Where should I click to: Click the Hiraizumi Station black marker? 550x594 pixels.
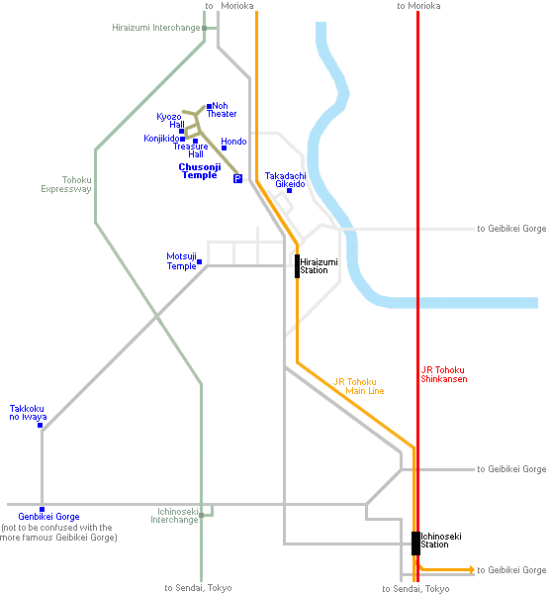(297, 266)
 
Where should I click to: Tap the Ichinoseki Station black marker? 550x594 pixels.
(415, 544)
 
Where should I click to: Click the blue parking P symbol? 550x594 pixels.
(237, 178)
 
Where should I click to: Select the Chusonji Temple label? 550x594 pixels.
(200, 171)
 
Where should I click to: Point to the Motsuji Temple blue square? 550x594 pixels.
(199, 261)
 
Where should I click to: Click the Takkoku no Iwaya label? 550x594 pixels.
(28, 413)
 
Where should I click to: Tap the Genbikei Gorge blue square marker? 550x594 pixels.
(42, 510)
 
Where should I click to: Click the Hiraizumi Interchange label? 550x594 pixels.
(156, 28)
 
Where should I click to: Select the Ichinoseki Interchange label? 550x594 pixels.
(174, 516)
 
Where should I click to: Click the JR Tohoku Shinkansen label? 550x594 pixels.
(443, 374)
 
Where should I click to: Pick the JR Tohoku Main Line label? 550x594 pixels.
(359, 386)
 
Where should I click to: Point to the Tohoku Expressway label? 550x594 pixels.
(66, 184)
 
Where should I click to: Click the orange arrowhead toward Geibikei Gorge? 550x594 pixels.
(472, 569)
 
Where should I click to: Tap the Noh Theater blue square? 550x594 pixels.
(209, 107)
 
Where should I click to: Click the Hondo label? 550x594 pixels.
(233, 142)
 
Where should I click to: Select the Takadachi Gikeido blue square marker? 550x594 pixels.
(289, 190)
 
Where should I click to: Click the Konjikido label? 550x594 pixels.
(161, 139)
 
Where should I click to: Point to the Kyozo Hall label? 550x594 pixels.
(171, 121)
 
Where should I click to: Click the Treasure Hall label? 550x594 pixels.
(191, 150)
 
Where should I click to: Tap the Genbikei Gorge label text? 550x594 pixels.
(48, 517)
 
